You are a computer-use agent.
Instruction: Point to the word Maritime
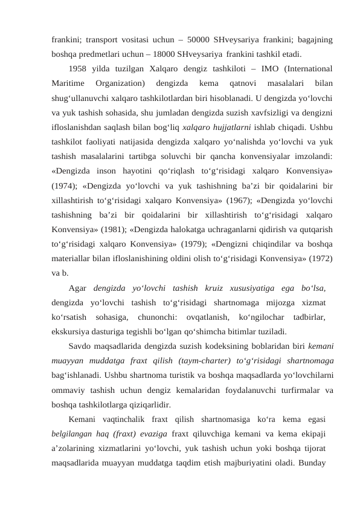tap(68, 82)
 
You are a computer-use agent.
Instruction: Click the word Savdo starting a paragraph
tap(81, 346)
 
